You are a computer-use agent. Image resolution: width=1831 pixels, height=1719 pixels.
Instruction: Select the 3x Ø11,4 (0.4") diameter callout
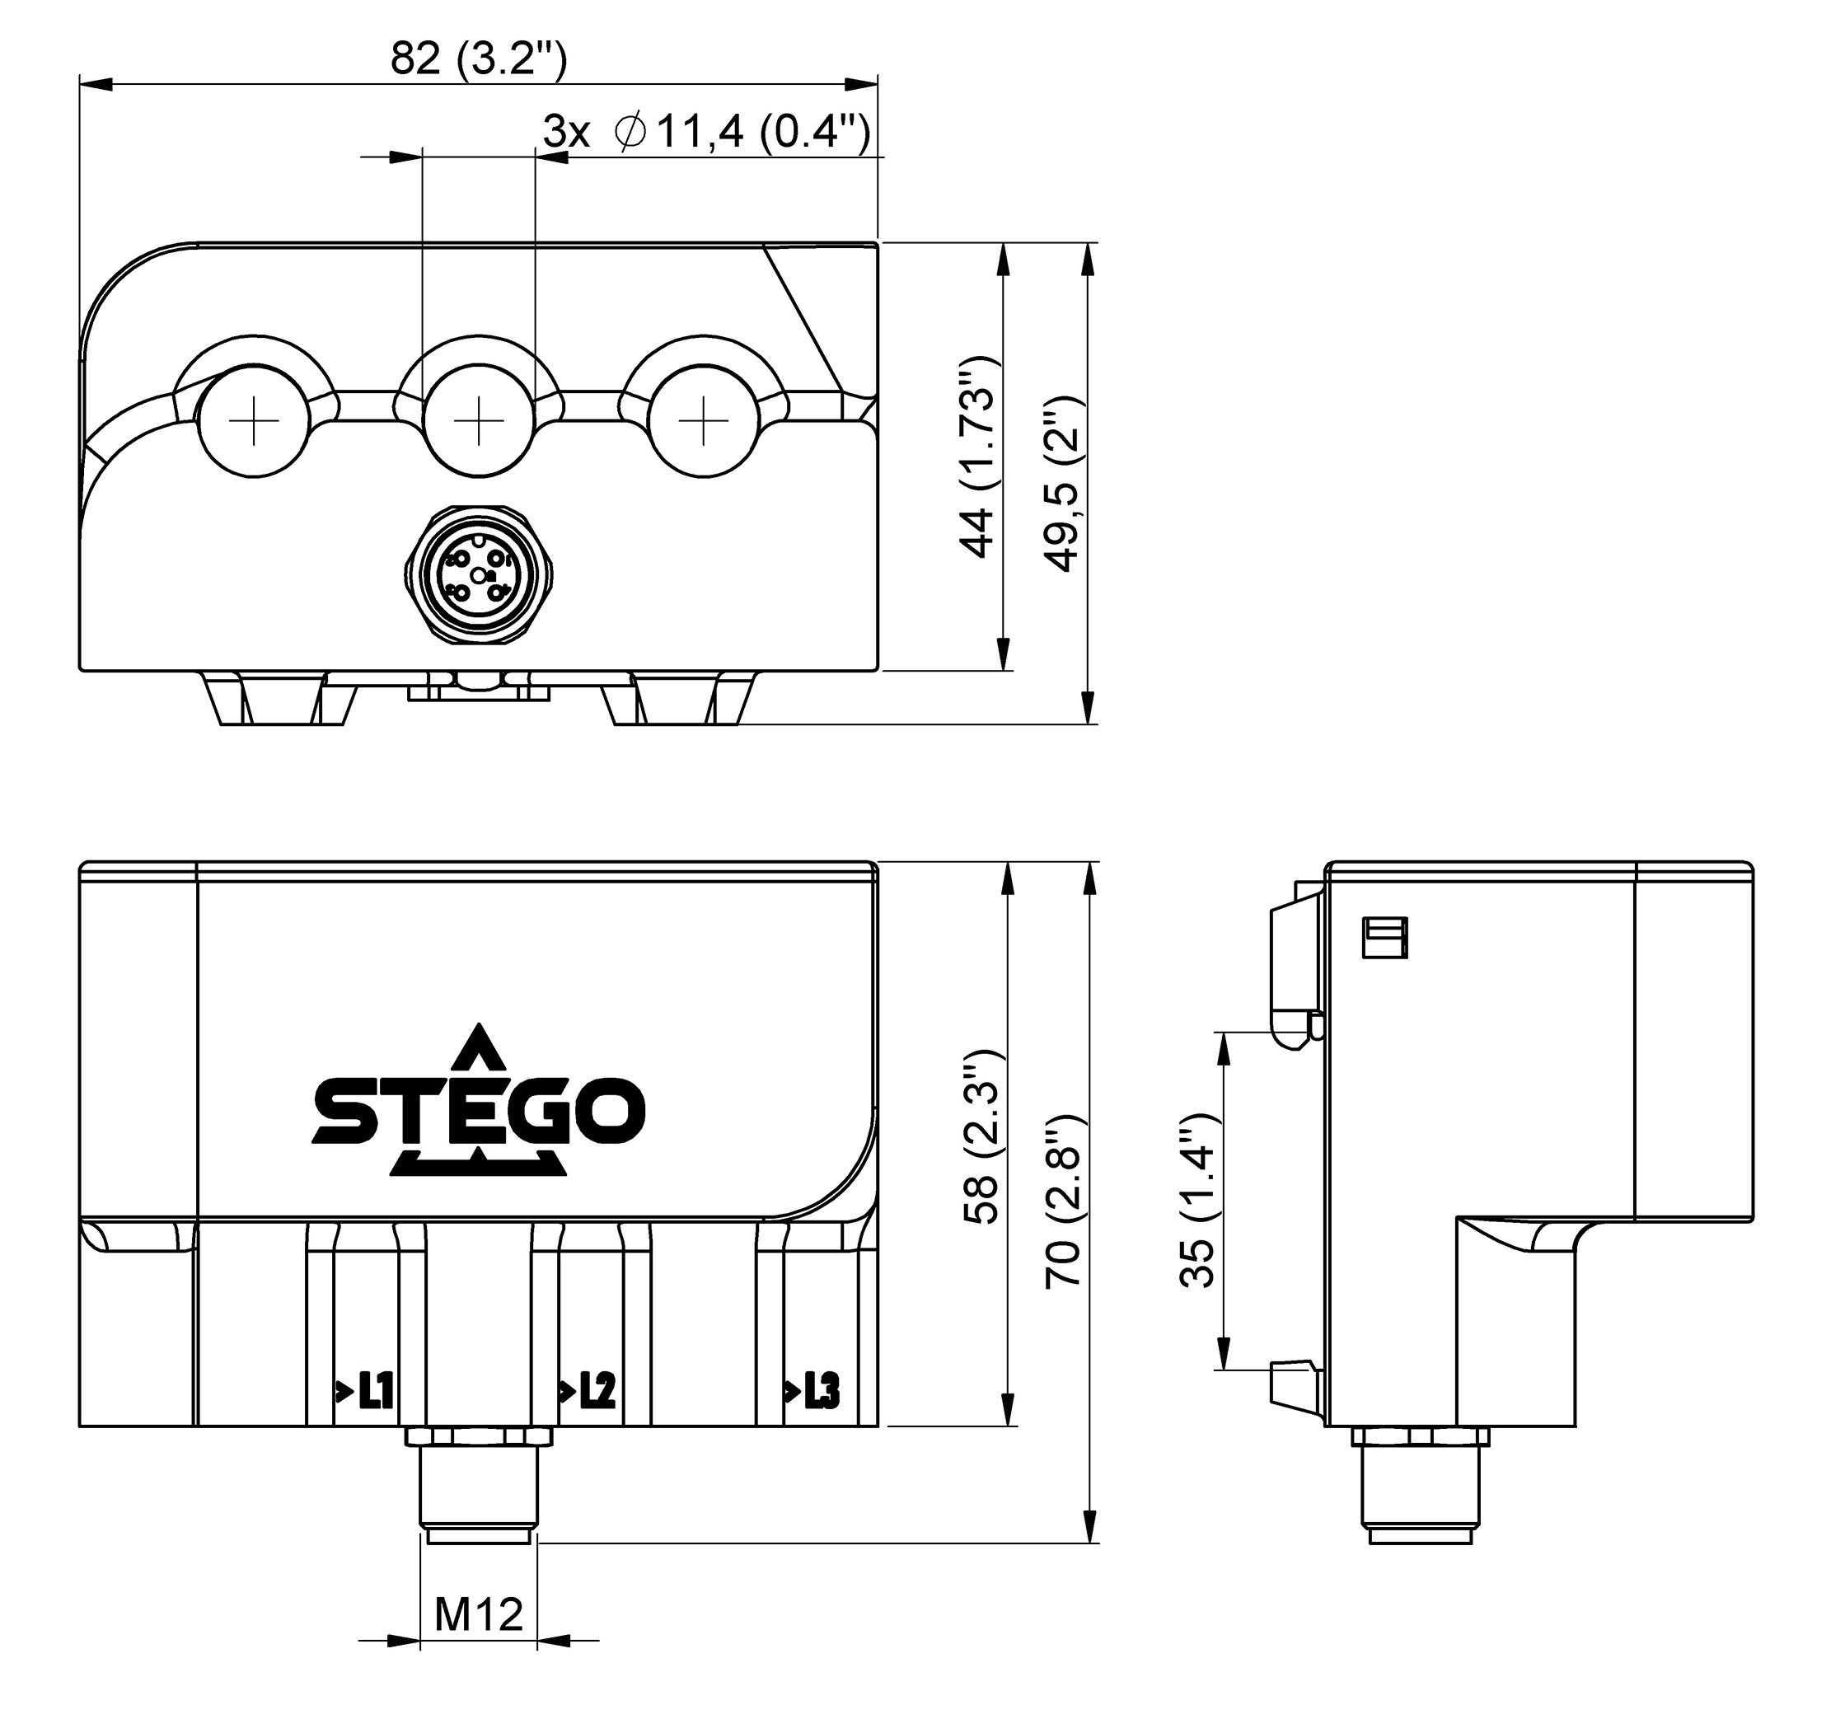pyautogui.click(x=705, y=133)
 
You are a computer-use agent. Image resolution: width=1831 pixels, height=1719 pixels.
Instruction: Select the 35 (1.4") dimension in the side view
pyautogui.click(x=1198, y=1201)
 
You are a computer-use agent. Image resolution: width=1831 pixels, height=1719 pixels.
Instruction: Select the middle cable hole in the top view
pyautogui.click(x=479, y=421)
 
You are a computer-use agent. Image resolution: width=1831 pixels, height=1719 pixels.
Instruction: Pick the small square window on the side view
pyautogui.click(x=1384, y=938)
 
